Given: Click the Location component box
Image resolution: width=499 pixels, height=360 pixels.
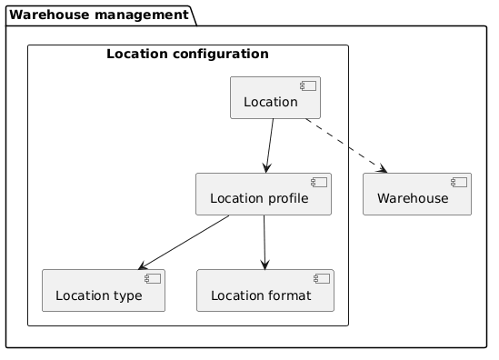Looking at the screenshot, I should tap(275, 98).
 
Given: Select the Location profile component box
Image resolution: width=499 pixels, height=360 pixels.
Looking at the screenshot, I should tap(263, 195).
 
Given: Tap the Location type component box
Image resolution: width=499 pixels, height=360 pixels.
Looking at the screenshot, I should tap(104, 291).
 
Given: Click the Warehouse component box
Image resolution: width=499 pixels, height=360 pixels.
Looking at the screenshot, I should tap(417, 195).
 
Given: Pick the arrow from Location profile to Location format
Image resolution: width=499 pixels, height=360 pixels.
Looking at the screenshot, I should tap(264, 242).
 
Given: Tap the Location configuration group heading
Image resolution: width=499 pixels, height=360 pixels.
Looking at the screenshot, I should tap(187, 55).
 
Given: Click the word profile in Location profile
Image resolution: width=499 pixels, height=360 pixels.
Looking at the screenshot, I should tap(286, 199).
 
